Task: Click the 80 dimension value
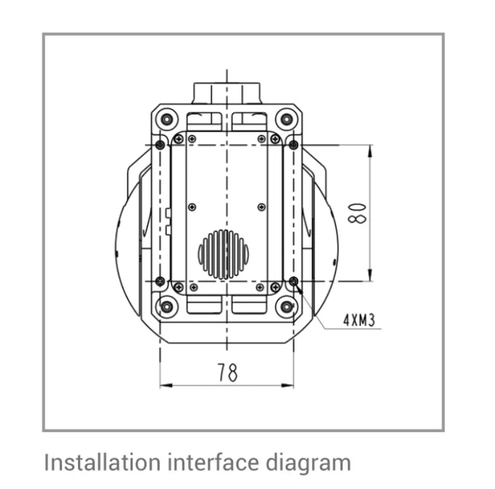coord(357,214)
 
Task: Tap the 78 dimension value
coord(227,373)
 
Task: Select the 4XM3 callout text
coord(359,320)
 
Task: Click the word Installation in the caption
coord(103,462)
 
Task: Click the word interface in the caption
coord(213,462)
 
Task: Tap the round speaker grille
coord(223,254)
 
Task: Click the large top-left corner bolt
coord(166,119)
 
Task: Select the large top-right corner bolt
coord(286,119)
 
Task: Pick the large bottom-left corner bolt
coord(166,307)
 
